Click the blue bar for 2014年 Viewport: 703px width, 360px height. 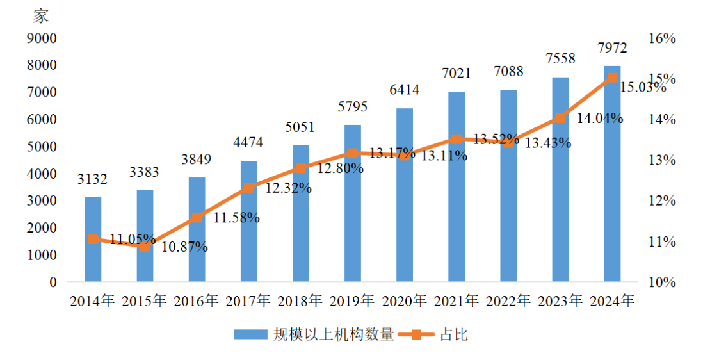coord(93,240)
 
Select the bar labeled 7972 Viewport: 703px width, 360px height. coord(612,174)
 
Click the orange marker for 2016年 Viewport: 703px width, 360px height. coord(197,218)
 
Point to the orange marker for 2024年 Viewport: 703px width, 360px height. coord(612,78)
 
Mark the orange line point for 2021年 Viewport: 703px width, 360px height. coord(457,139)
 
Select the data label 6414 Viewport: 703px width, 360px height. coord(405,90)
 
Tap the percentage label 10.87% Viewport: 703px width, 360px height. coord(184,247)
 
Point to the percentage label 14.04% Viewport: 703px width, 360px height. coord(600,118)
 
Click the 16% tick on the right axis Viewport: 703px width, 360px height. coord(662,38)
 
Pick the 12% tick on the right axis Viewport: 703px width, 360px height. coord(662,201)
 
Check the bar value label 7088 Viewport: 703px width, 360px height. coord(508,72)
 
